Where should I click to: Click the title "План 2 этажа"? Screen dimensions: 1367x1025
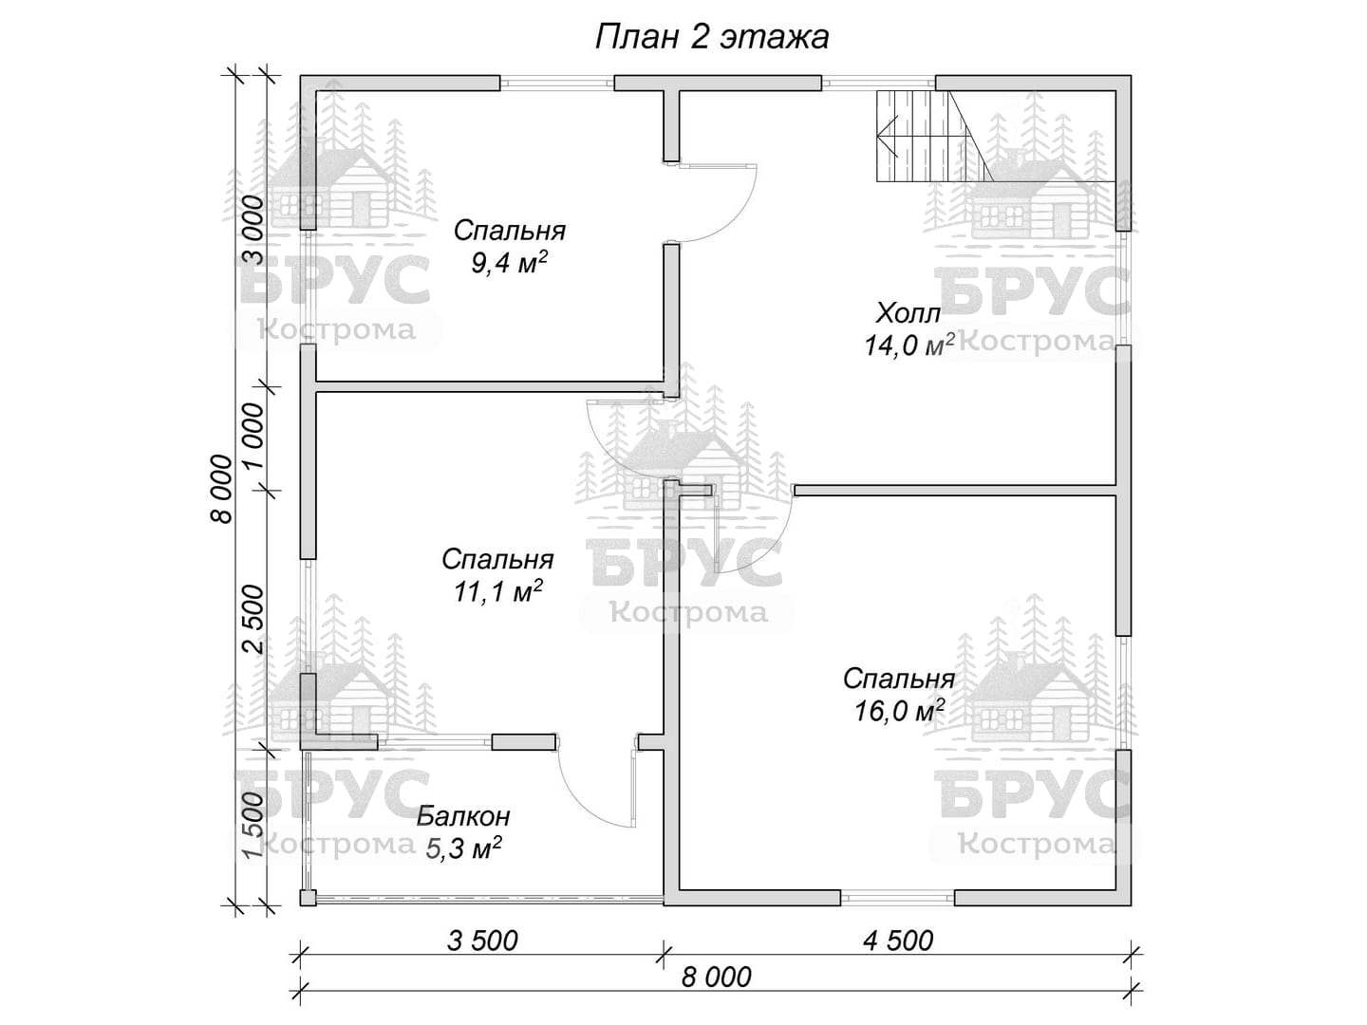712,38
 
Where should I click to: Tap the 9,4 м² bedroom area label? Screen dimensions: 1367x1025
510,263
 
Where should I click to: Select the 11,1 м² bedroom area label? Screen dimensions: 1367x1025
497,592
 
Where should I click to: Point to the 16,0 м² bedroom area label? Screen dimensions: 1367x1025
899,711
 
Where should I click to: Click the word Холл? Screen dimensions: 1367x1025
908,313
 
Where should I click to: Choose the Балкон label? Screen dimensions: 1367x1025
463,816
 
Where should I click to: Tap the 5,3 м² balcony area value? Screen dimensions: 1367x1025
464,848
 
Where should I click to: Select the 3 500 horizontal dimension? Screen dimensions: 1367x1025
482,941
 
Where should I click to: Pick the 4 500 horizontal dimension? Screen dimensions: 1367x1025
898,941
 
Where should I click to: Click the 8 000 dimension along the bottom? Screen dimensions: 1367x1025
716,978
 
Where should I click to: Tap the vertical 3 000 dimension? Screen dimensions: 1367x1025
253,231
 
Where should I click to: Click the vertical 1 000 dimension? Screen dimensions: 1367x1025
253,438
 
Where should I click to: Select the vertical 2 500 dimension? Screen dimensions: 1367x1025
253,619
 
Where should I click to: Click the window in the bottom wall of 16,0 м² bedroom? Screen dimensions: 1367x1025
897,898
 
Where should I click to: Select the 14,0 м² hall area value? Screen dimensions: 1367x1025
909,345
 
